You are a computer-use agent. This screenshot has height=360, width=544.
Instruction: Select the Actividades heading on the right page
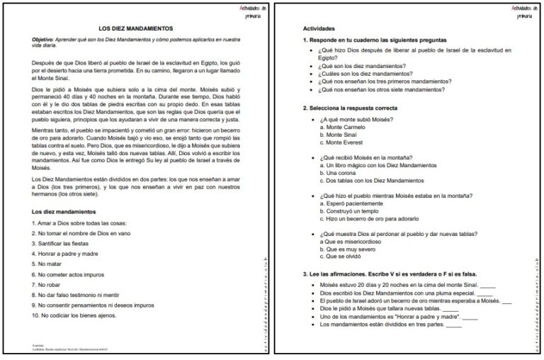tap(321, 28)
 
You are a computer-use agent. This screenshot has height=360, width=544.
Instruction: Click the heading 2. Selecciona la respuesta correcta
tap(349, 108)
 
